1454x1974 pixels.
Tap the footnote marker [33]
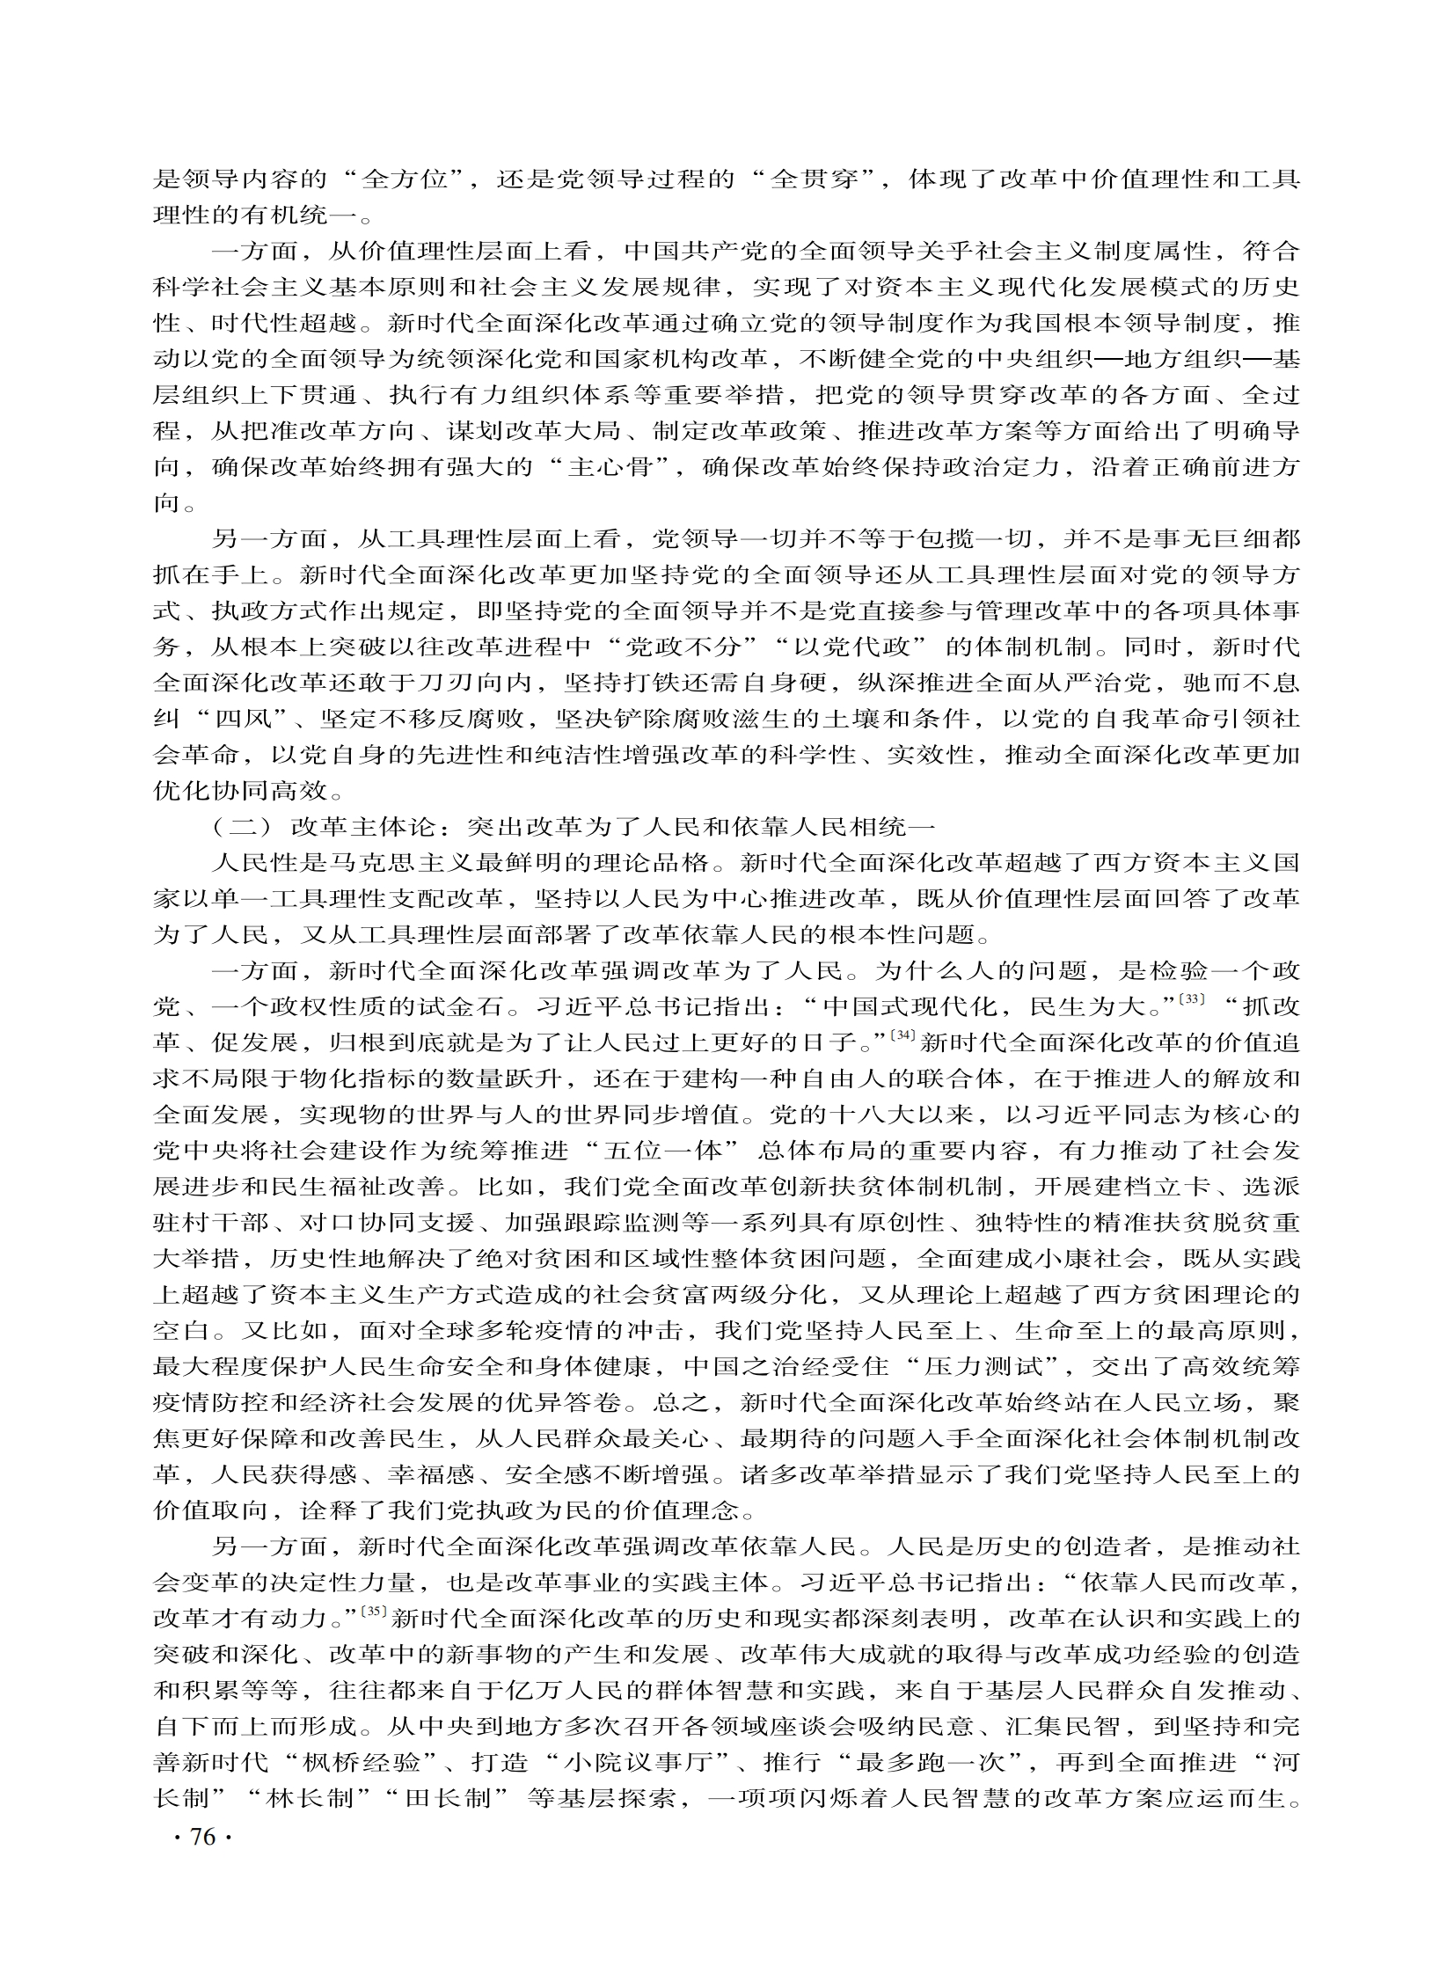pos(1191,999)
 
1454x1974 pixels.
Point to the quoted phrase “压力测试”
pos(990,1367)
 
